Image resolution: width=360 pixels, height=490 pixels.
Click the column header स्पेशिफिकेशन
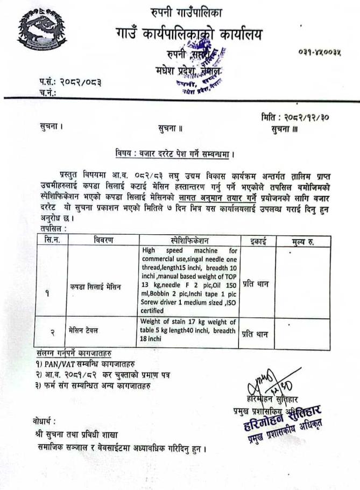point(188,240)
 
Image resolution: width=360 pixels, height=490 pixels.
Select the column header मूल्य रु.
point(302,240)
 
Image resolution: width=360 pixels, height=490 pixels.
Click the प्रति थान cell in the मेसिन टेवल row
point(255,334)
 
